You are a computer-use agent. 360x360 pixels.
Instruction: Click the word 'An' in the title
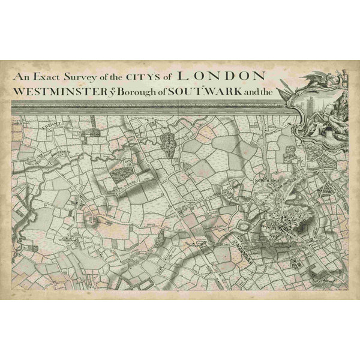pyautogui.click(x=21, y=77)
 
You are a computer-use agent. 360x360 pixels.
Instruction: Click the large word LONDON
pyautogui.click(x=222, y=76)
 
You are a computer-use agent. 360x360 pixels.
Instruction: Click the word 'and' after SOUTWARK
pyautogui.click(x=247, y=93)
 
